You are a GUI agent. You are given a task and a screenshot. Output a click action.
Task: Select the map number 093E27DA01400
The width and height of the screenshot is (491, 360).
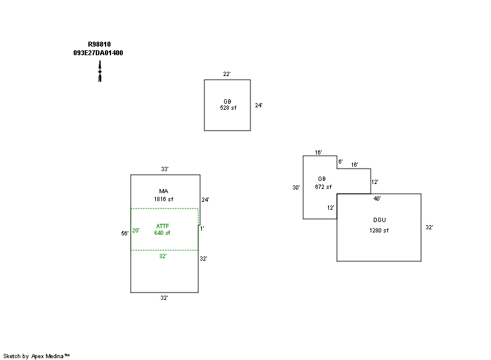tap(98, 53)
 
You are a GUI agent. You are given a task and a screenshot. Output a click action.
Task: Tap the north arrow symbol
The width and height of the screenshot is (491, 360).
tap(99, 71)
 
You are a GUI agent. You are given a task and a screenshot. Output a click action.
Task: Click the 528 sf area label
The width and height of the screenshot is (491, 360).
tap(228, 108)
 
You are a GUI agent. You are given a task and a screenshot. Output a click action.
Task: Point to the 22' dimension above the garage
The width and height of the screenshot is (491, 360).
tap(226, 74)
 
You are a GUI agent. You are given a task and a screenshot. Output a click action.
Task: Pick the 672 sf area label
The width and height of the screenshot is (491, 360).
tap(323, 187)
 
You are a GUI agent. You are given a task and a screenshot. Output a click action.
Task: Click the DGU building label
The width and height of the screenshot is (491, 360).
tap(379, 220)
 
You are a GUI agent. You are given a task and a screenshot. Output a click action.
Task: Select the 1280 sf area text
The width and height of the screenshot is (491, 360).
tap(379, 231)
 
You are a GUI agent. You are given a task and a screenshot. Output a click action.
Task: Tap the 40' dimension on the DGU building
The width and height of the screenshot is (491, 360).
tap(377, 199)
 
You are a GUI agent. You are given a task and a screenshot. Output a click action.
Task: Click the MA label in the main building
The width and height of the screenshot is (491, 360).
tap(163, 191)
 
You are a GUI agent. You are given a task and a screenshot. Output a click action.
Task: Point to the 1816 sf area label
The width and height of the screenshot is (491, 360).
tap(163, 199)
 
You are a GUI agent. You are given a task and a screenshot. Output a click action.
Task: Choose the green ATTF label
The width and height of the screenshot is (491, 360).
tap(163, 226)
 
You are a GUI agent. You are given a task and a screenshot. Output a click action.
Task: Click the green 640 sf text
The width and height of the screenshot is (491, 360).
tap(163, 233)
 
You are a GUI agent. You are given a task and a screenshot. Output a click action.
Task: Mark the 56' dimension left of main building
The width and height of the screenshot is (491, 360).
tap(125, 233)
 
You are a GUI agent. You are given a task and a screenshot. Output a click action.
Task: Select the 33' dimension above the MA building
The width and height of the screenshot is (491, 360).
tap(164, 169)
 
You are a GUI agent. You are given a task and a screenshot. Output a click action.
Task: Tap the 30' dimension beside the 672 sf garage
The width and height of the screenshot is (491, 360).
tap(296, 188)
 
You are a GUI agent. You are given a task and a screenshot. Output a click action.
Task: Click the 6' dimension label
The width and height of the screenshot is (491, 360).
tap(340, 162)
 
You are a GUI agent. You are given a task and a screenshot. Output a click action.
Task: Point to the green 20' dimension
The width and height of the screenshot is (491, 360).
tap(136, 231)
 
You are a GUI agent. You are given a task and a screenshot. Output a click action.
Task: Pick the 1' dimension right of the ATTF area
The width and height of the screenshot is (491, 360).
tap(202, 229)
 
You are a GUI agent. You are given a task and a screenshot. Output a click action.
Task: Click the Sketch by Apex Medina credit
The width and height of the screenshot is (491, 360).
tap(36, 356)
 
